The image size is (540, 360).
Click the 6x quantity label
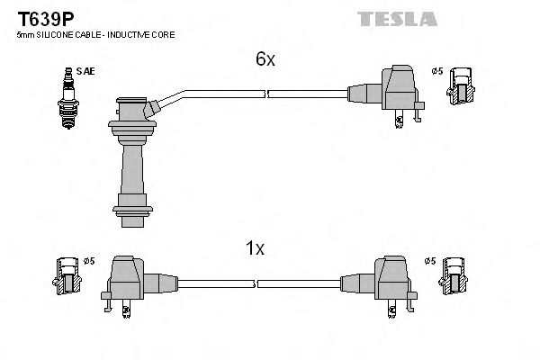[264, 58]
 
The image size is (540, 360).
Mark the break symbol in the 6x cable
[264, 93]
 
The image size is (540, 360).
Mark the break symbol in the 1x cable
[255, 283]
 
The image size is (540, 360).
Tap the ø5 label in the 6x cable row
[436, 71]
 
